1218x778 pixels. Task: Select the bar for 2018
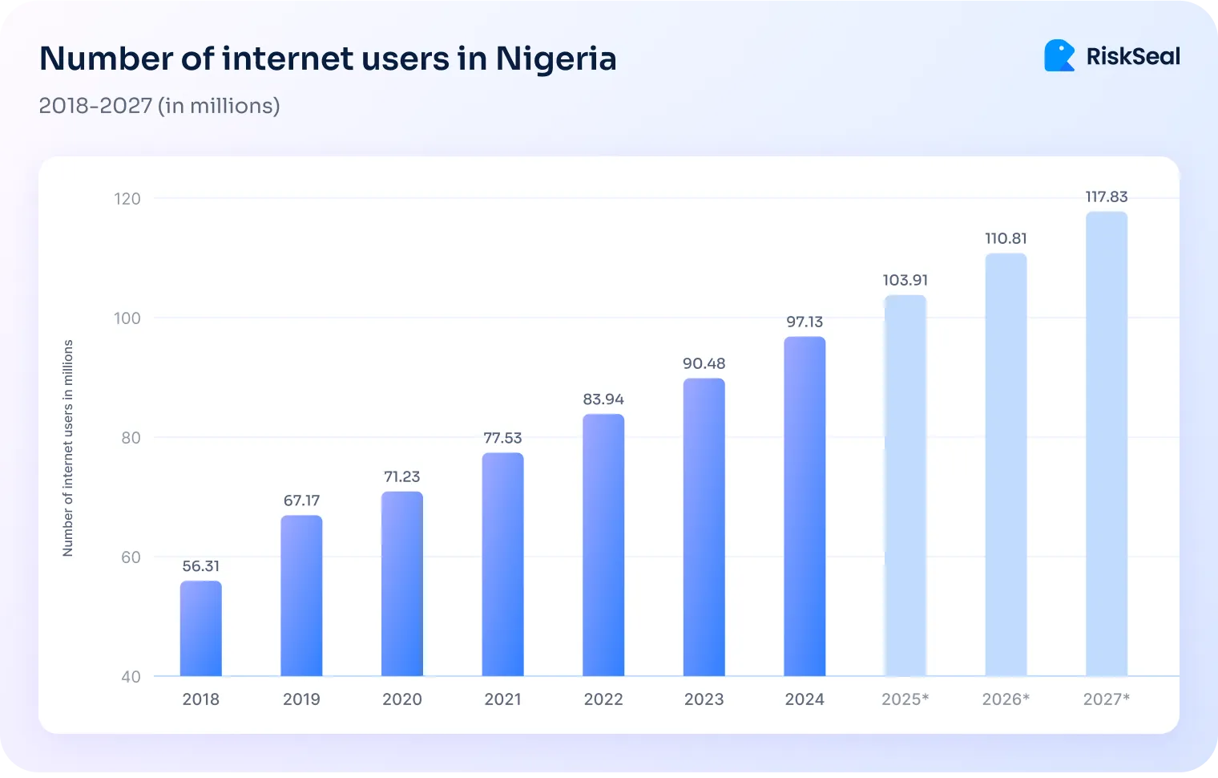pyautogui.click(x=200, y=629)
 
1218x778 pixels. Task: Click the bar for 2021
pyautogui.click(x=502, y=565)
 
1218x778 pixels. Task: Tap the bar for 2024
pyautogui.click(x=805, y=506)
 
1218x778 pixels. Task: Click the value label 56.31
pyautogui.click(x=200, y=566)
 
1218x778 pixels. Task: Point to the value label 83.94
pyautogui.click(x=603, y=399)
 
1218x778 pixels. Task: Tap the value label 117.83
pyautogui.click(x=1106, y=197)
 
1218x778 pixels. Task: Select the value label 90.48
pyautogui.click(x=704, y=363)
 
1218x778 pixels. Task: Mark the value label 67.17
pyautogui.click(x=301, y=500)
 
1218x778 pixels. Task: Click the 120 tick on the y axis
pyautogui.click(x=127, y=199)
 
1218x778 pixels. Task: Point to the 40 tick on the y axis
pyautogui.click(x=131, y=677)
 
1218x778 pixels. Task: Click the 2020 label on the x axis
pyautogui.click(x=401, y=699)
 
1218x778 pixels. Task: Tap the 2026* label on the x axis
pyautogui.click(x=1006, y=699)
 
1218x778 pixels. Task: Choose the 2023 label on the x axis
pyautogui.click(x=704, y=699)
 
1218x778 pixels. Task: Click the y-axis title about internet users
pyautogui.click(x=68, y=448)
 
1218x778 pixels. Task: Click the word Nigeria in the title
pyautogui.click(x=555, y=59)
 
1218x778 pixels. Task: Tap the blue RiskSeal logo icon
pyautogui.click(x=1059, y=56)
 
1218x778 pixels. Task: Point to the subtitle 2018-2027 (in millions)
pyautogui.click(x=159, y=106)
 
